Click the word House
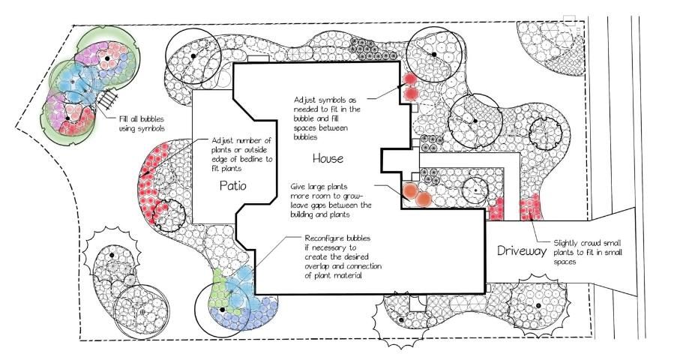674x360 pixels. (x=328, y=158)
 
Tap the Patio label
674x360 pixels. (x=233, y=185)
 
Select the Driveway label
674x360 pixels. (x=522, y=250)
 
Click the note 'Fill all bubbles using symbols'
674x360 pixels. (x=142, y=124)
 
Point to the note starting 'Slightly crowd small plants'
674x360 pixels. (x=588, y=253)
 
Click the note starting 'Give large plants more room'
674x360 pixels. (x=331, y=200)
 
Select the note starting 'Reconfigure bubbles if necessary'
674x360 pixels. (x=343, y=256)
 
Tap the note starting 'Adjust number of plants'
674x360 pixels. (x=241, y=154)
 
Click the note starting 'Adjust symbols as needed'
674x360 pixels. (x=327, y=118)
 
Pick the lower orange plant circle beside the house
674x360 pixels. (x=424, y=199)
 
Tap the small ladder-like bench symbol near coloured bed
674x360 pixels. (x=107, y=99)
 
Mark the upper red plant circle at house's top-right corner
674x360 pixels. (x=409, y=79)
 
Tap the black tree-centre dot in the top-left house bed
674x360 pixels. (x=193, y=56)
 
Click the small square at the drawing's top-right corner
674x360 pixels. (x=569, y=20)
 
